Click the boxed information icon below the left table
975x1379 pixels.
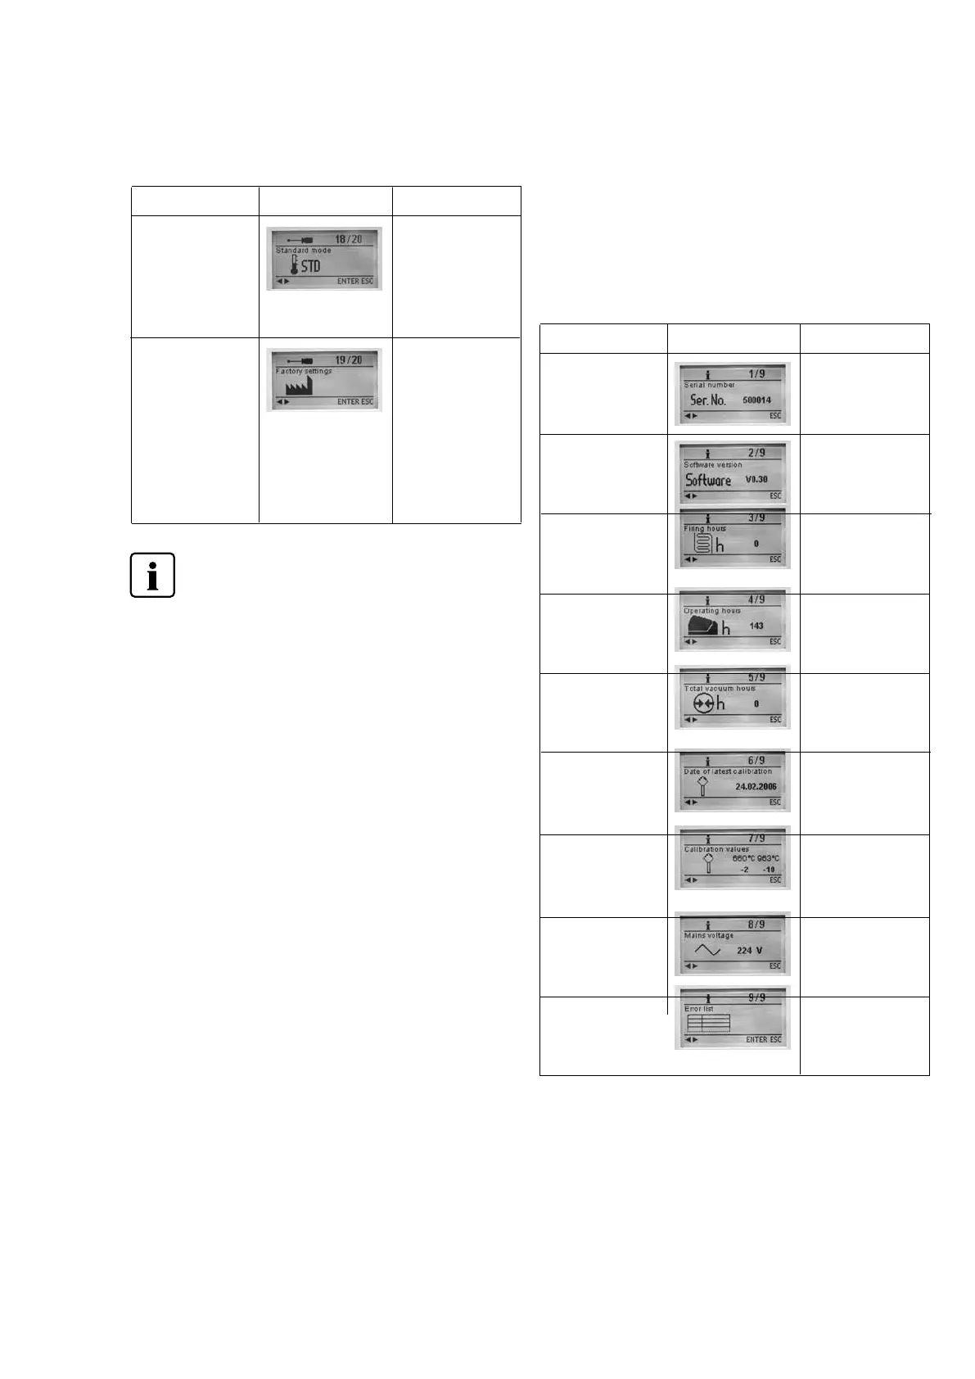point(152,576)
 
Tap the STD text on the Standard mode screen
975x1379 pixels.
point(311,266)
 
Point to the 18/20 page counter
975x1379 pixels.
point(349,239)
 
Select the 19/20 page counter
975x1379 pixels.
point(349,360)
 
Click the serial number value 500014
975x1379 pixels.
point(756,400)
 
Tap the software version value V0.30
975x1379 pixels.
point(756,480)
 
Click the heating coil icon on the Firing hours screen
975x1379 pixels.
point(700,544)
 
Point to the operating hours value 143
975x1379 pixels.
point(756,626)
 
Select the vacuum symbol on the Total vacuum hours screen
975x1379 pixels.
point(701,703)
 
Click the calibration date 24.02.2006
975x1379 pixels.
point(756,786)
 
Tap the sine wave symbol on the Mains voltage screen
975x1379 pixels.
point(707,950)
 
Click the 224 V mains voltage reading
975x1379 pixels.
point(749,951)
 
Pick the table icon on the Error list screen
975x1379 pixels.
point(708,1023)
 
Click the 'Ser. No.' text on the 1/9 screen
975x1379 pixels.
point(708,400)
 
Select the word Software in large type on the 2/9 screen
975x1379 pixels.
point(708,480)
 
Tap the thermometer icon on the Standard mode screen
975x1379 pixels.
point(295,265)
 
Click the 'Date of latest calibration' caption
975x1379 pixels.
point(728,771)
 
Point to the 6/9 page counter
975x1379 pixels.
point(756,761)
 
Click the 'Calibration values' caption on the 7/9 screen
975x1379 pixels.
point(716,849)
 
